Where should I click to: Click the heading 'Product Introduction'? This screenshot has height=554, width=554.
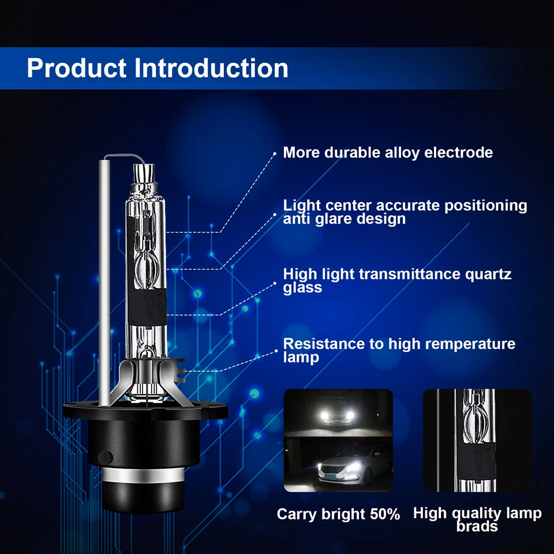[x=157, y=68]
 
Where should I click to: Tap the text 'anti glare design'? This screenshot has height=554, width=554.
[x=344, y=219]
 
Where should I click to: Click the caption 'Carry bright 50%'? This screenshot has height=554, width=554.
[x=338, y=514]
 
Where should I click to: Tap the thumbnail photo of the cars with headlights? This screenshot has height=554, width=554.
[x=338, y=440]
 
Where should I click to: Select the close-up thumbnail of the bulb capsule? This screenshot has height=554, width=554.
[x=477, y=440]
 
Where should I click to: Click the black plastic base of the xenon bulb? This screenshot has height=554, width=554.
[x=144, y=439]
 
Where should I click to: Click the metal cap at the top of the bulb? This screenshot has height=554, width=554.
[x=145, y=173]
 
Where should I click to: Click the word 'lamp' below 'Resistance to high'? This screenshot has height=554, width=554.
[x=301, y=358]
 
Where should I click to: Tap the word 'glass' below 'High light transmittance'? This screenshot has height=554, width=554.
[x=302, y=287]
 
